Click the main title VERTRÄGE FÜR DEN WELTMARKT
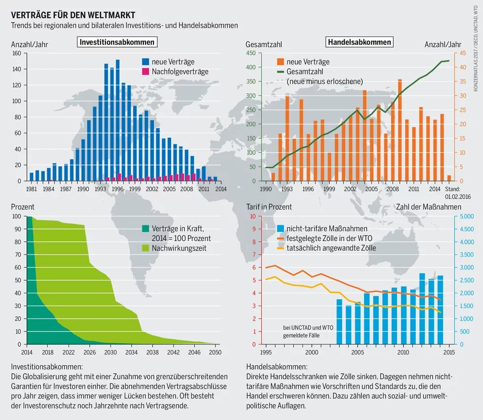coord(73,15)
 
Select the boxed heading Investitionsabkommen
coord(117,42)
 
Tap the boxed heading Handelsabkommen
coord(360,42)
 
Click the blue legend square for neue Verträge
coord(145,62)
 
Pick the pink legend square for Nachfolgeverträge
coord(145,72)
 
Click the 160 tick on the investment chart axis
coord(16,53)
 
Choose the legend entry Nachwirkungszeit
coord(178,248)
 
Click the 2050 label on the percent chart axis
coord(215,352)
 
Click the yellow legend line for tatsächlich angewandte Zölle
coord(280,248)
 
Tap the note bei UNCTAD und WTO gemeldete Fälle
coord(308,331)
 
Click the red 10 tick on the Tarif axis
coord(252,216)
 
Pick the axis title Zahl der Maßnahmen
coord(428,207)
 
